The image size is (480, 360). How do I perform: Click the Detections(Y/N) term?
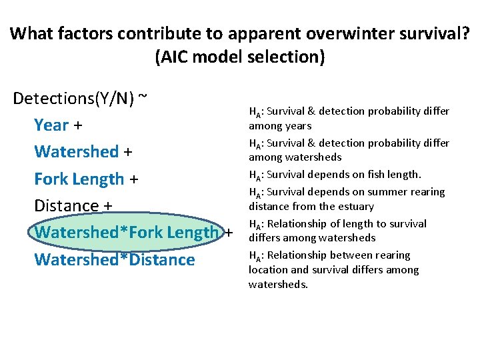[x=73, y=99]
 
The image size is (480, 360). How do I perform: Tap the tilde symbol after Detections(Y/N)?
[x=142, y=97]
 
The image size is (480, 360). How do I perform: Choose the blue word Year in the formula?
[x=51, y=125]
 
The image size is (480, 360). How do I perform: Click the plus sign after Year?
[x=78, y=126]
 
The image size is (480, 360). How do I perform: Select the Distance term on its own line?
[x=66, y=205]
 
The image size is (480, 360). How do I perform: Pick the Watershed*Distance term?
[x=114, y=259]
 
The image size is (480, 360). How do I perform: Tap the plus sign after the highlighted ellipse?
[x=229, y=233]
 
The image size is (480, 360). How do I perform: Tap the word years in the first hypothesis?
[x=298, y=125]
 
